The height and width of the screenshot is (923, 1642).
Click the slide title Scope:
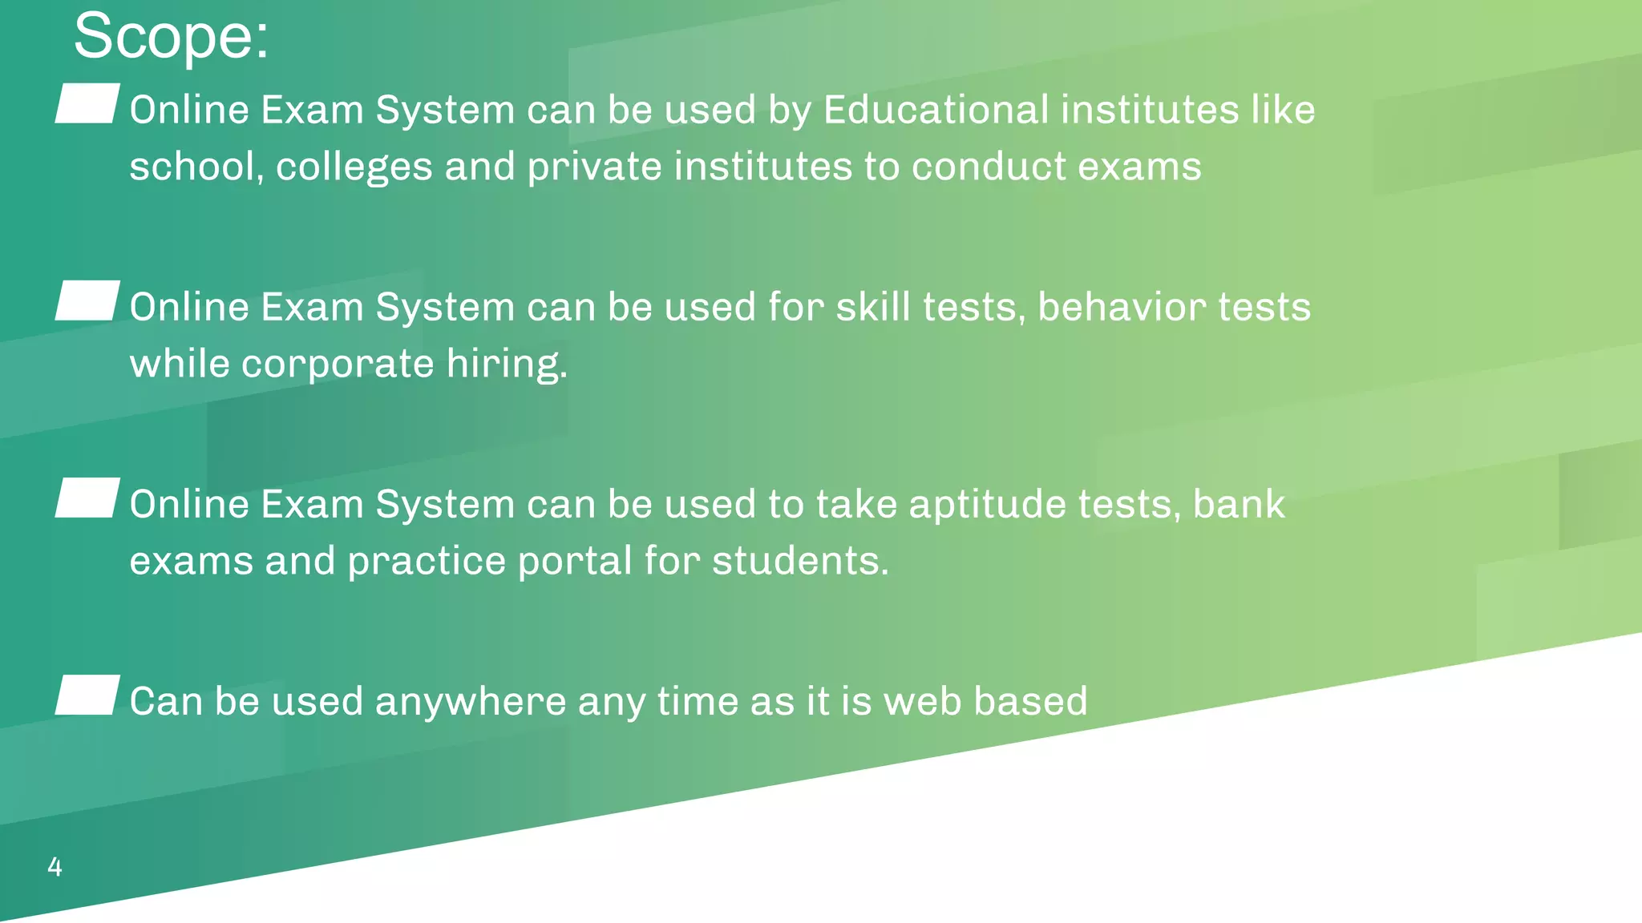pos(171,37)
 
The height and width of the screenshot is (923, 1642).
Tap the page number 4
pos(55,866)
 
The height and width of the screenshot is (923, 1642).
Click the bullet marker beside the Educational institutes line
pos(87,103)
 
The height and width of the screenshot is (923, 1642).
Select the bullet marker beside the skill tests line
pos(87,300)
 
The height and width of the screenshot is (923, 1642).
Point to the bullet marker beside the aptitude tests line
pos(87,498)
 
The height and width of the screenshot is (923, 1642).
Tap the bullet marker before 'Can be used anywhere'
pos(87,695)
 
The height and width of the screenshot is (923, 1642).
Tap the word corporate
pos(338,364)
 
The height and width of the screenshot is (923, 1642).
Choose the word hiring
pos(506,364)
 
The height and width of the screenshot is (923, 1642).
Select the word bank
pos(1238,504)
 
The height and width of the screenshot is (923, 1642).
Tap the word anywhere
pos(471,701)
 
